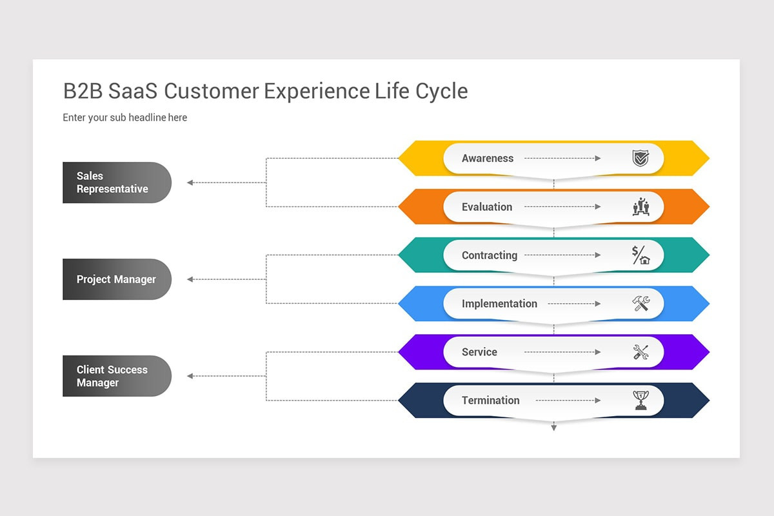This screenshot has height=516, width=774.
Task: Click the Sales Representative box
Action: [x=116, y=183]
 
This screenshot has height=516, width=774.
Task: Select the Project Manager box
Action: [x=116, y=279]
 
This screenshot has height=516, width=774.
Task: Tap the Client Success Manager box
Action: [x=116, y=376]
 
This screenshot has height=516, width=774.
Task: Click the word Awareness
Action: [x=488, y=159]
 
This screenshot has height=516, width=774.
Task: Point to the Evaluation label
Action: [x=487, y=207]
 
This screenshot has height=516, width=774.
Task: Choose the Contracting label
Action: [x=490, y=255]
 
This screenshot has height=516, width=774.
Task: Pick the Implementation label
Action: [x=499, y=304]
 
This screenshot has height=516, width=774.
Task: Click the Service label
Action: [x=479, y=352]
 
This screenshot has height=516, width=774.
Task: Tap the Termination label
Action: [x=490, y=401]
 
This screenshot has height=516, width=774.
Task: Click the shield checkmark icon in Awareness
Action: [x=640, y=159]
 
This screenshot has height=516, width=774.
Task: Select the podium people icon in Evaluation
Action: [x=640, y=207]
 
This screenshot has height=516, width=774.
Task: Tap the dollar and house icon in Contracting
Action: [x=640, y=255]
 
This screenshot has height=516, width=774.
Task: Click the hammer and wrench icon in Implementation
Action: [x=640, y=303]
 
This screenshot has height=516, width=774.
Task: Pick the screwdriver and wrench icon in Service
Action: [x=640, y=352]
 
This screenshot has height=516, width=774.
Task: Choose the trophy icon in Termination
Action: [x=640, y=401]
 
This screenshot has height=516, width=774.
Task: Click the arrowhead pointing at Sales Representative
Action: [x=190, y=183]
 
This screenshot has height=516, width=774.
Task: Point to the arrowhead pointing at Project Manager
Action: [x=190, y=279]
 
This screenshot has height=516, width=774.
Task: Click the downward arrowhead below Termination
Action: [x=553, y=428]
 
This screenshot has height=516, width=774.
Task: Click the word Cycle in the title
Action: [x=442, y=92]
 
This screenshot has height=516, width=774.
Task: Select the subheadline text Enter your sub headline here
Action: [x=124, y=117]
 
